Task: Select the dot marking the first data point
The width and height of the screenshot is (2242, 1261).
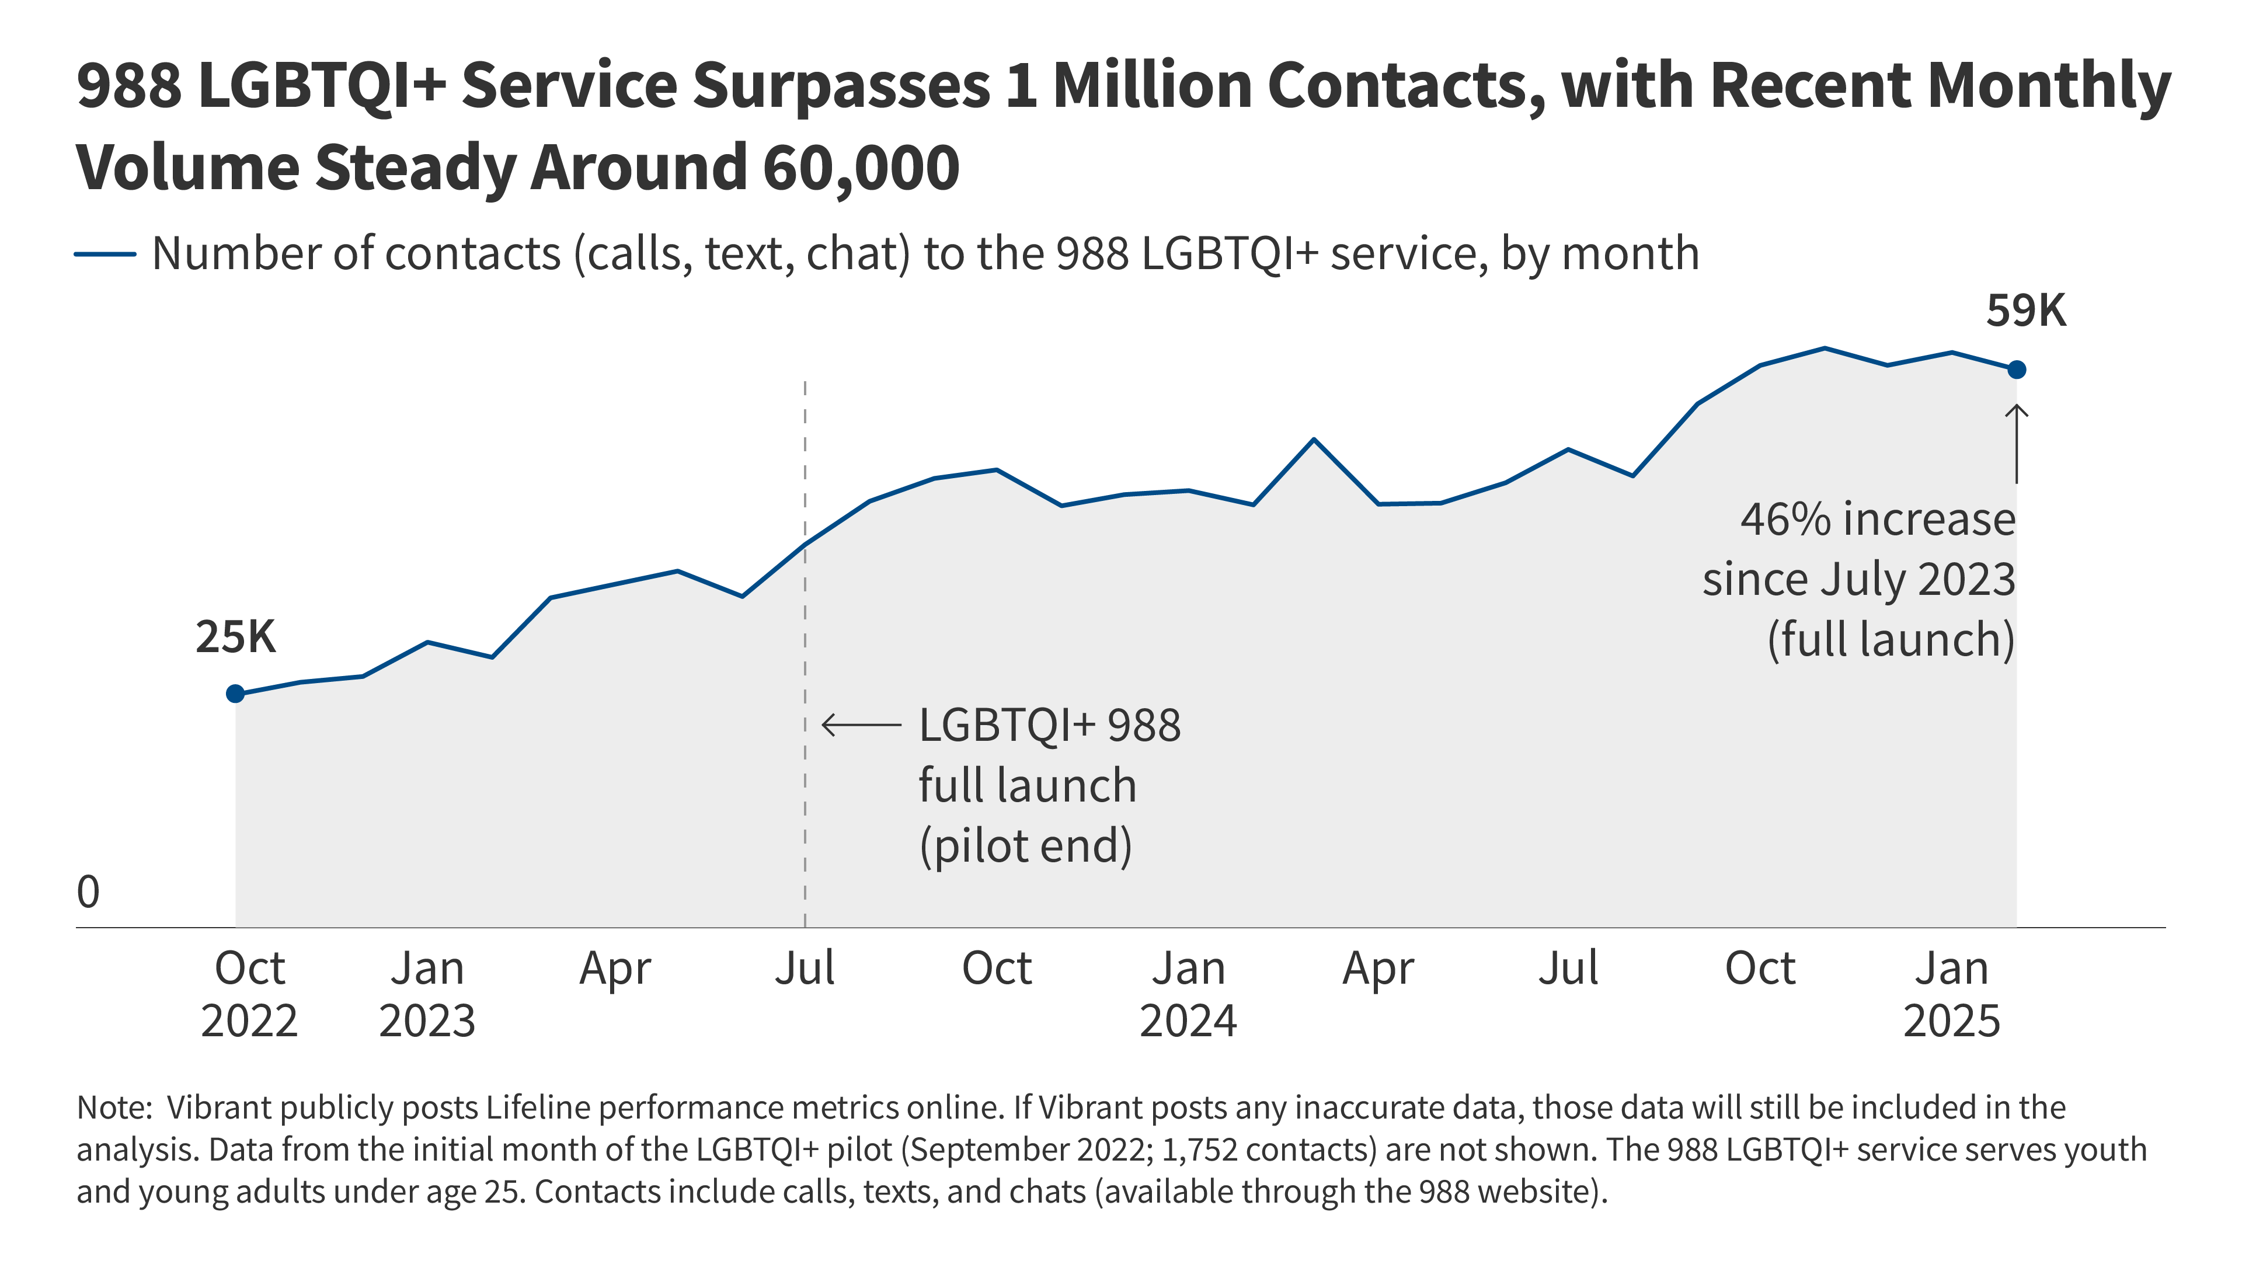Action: pos(235,694)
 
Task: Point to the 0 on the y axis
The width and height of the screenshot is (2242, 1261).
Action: pos(88,892)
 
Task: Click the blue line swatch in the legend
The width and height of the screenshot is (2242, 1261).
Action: pos(105,254)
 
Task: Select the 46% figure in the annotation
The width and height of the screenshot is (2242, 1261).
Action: pos(1783,520)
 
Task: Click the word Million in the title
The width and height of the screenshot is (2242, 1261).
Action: pos(1153,85)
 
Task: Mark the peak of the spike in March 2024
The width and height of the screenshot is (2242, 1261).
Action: pos(1313,440)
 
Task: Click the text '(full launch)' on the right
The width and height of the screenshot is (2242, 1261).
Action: pos(1891,640)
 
